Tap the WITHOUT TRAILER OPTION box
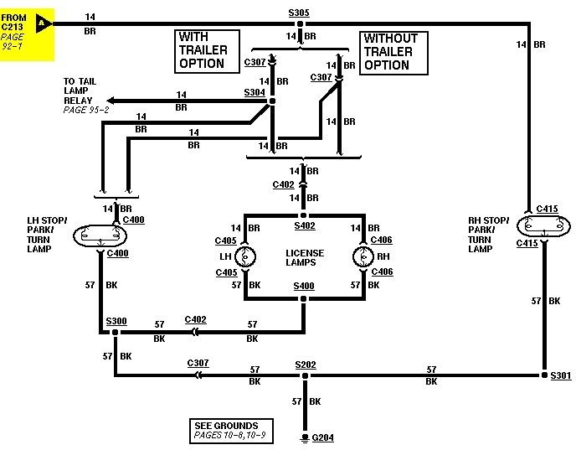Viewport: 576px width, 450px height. tap(393, 51)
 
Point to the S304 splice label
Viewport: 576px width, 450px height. tap(254, 93)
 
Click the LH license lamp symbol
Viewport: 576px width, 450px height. tap(244, 255)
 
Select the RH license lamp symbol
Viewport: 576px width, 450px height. tap(361, 255)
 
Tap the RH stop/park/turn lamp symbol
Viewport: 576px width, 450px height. tap(542, 226)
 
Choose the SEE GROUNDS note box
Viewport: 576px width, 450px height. tap(228, 431)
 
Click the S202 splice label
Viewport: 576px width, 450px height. tap(305, 365)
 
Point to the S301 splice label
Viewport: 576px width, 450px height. tap(559, 375)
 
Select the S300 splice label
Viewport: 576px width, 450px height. tap(116, 321)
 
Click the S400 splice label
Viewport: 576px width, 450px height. tap(303, 286)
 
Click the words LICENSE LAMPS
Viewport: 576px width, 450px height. tap(304, 257)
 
